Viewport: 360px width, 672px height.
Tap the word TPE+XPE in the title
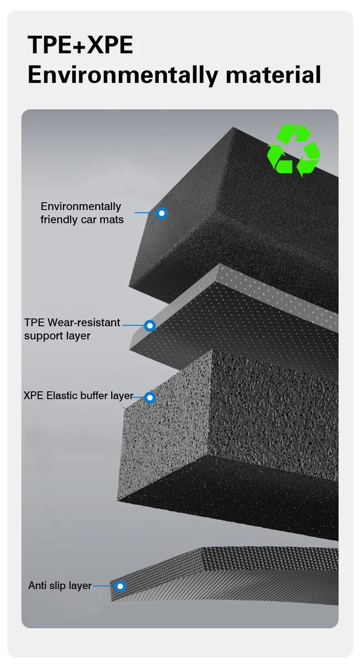tap(80, 45)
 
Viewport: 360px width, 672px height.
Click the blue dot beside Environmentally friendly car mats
tap(161, 213)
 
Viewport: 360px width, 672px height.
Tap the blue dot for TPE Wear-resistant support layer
tap(150, 325)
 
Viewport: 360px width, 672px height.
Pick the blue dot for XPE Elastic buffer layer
tap(150, 397)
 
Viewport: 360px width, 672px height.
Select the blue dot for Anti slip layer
tap(120, 586)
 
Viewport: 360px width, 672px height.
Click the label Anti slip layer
tap(60, 586)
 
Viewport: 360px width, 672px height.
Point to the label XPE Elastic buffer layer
tap(78, 395)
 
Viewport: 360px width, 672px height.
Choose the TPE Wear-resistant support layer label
tap(72, 329)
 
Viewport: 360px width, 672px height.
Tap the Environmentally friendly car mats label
tap(82, 213)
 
